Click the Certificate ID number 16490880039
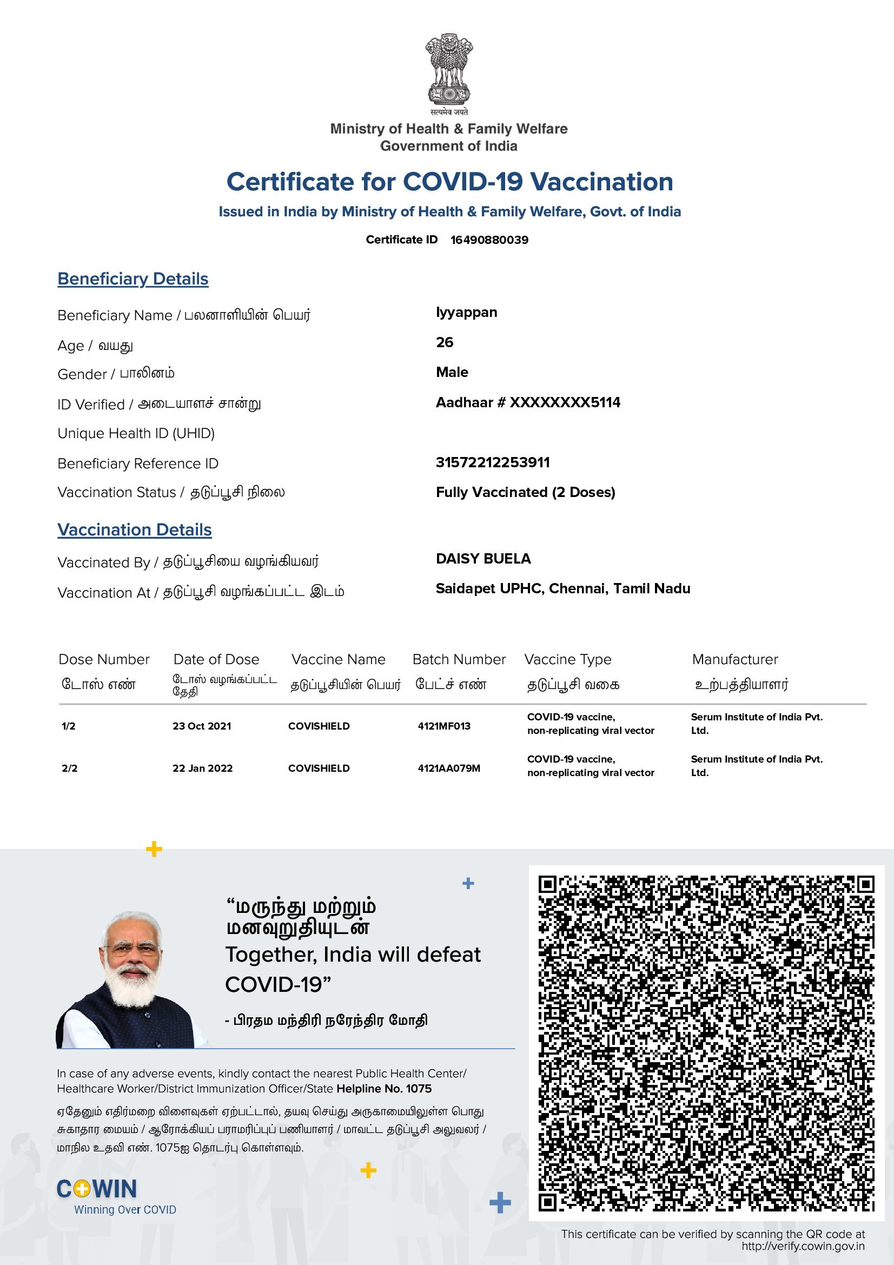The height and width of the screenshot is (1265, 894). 489,240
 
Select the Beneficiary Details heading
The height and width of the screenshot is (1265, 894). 133,279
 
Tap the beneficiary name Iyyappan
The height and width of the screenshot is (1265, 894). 466,313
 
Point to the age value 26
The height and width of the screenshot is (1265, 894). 445,342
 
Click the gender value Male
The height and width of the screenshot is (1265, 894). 452,372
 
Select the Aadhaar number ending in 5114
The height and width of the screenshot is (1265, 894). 528,402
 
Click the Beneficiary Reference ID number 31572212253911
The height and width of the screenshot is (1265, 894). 493,462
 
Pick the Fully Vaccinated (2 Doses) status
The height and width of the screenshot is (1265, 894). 525,492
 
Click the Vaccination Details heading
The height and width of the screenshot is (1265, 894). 135,529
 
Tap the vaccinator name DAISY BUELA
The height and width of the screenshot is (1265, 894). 483,559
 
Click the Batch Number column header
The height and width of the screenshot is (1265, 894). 459,659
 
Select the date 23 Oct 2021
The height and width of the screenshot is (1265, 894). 202,726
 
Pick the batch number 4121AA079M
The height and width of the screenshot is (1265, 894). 449,768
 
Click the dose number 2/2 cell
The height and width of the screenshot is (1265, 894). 69,768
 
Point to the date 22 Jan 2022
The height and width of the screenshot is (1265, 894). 202,768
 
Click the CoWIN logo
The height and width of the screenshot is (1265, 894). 97,1189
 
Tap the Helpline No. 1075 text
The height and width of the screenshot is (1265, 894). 384,1088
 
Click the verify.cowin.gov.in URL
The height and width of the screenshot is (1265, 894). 803,1246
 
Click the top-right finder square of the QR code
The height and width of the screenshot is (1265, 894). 865,884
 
